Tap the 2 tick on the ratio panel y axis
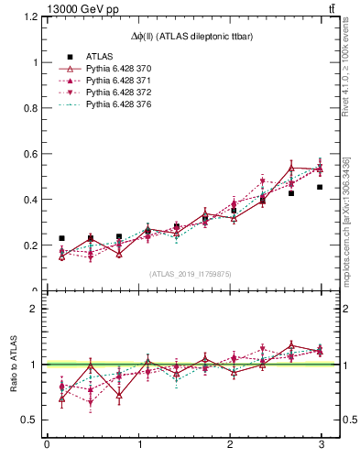point(29,310)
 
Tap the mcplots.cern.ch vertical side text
point(347,220)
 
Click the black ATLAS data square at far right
point(320,187)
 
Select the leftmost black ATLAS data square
point(61,238)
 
